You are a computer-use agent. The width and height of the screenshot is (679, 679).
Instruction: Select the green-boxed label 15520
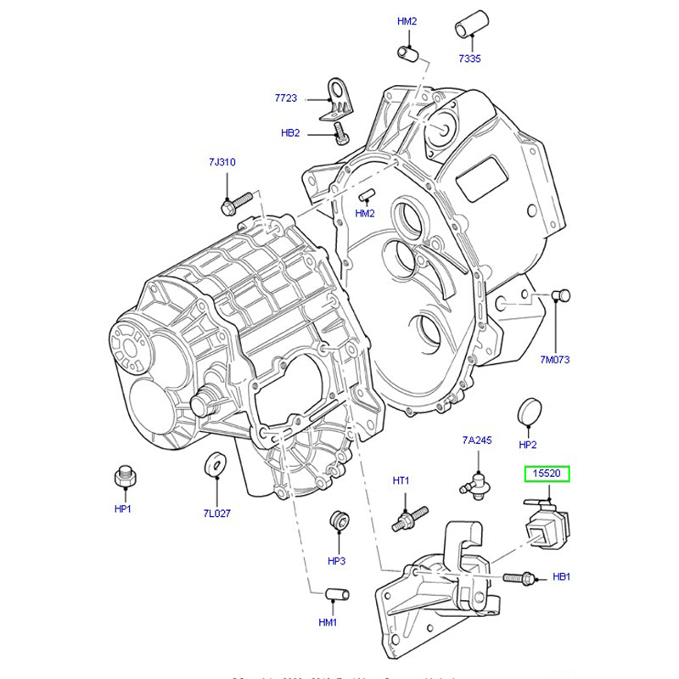(x=547, y=476)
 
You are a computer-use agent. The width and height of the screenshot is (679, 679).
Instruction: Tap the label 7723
(x=286, y=98)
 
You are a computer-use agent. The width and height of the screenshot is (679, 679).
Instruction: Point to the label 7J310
(x=222, y=161)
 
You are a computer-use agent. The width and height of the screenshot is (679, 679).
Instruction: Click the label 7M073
(x=555, y=359)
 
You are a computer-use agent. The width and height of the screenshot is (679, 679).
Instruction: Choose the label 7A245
(x=477, y=441)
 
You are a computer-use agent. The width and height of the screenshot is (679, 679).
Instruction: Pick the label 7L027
(x=216, y=513)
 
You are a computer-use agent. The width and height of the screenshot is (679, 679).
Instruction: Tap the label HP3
(x=337, y=561)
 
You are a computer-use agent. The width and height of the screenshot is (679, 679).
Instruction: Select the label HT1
(x=401, y=481)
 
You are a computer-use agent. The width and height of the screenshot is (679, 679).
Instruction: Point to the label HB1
(x=561, y=576)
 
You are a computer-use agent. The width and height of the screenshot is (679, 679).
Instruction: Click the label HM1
(x=328, y=622)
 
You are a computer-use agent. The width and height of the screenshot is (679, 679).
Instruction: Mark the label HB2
(x=290, y=132)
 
